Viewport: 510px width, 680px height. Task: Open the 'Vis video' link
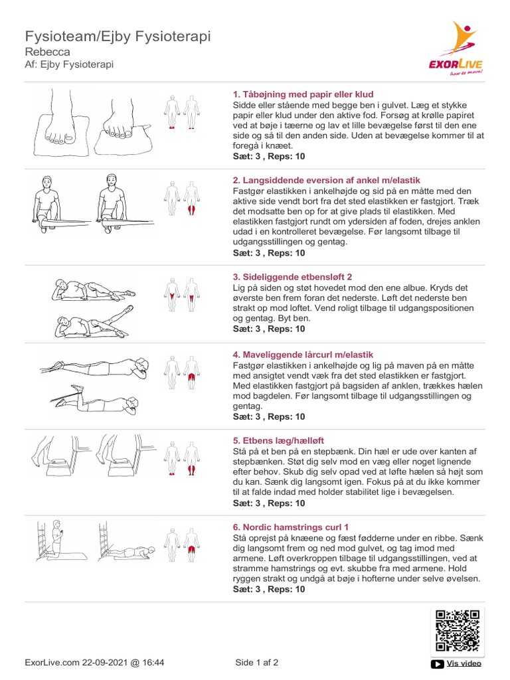pyautogui.click(x=464, y=663)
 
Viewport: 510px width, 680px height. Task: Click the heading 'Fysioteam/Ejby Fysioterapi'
pyautogui.click(x=118, y=36)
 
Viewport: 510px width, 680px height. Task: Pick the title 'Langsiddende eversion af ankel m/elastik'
pyautogui.click(x=326, y=181)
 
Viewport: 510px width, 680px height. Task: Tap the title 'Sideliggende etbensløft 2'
pyautogui.click(x=293, y=276)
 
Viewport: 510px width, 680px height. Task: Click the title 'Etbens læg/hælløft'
pyautogui.click(x=278, y=440)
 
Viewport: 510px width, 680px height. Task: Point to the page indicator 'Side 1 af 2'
pyautogui.click(x=257, y=662)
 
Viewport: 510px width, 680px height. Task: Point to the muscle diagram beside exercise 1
pyautogui.click(x=182, y=112)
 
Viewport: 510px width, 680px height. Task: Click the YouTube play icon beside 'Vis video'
pyautogui.click(x=438, y=663)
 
